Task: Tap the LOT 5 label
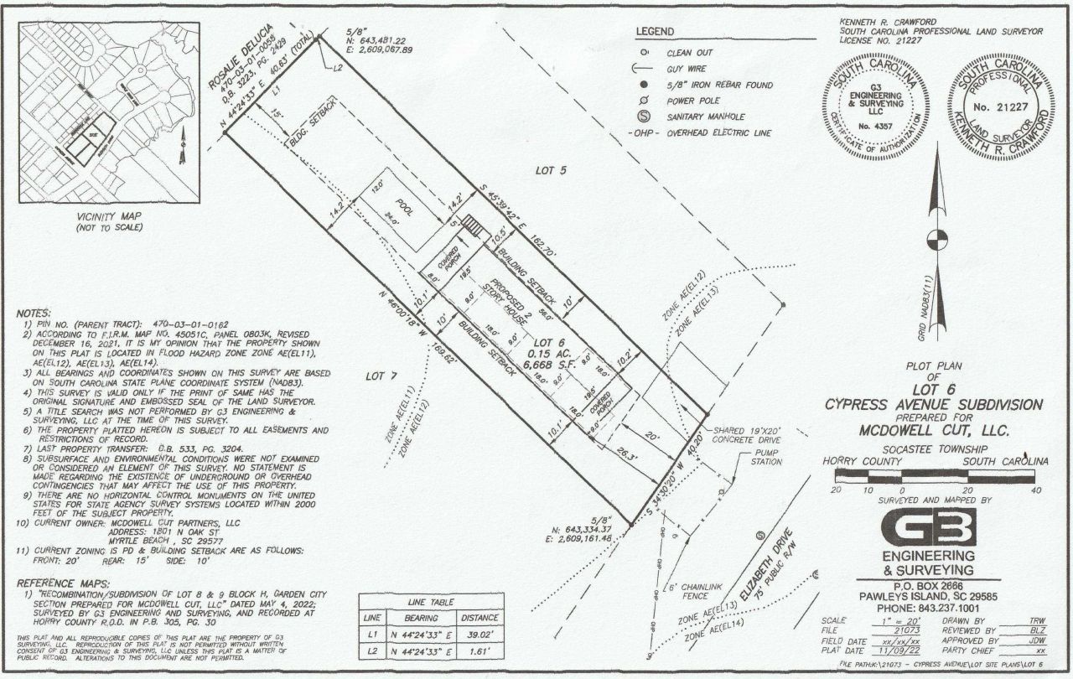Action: (x=551, y=171)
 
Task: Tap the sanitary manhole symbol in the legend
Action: (x=645, y=117)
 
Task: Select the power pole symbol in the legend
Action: (x=645, y=101)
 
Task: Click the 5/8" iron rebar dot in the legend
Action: (x=645, y=85)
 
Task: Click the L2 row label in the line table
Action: (x=371, y=651)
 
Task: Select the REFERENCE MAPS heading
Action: (x=63, y=582)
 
